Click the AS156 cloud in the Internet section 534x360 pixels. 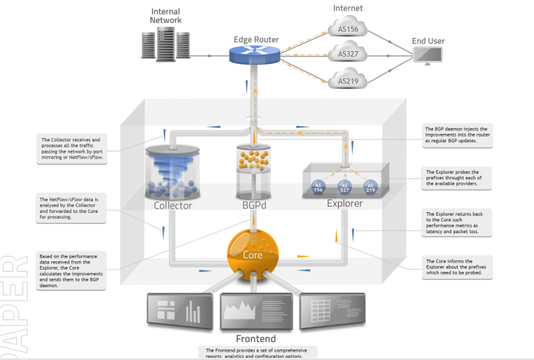348,29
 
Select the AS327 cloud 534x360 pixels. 348,54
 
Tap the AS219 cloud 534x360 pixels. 348,80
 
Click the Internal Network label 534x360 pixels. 165,16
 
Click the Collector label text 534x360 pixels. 173,205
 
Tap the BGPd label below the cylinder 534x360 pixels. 253,205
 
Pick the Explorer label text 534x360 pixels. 344,204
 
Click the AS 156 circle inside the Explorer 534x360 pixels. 318,187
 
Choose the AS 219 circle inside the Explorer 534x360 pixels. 370,187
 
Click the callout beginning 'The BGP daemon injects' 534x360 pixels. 458,137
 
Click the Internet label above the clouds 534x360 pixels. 348,8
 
